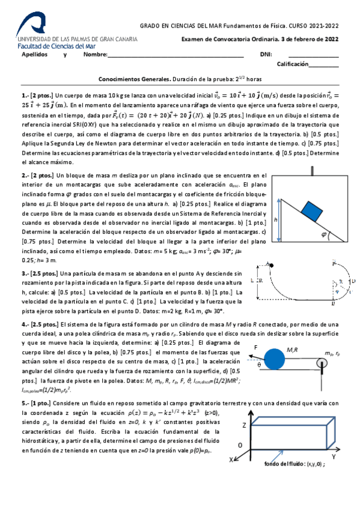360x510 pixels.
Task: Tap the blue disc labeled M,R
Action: click(276, 358)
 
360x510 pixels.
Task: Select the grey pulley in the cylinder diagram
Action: click(323, 363)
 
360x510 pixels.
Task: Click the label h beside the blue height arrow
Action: click(275, 221)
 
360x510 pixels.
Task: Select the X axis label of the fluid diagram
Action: click(231, 459)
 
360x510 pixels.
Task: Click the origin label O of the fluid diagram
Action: click(239, 444)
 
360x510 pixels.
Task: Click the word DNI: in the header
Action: click(266, 55)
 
